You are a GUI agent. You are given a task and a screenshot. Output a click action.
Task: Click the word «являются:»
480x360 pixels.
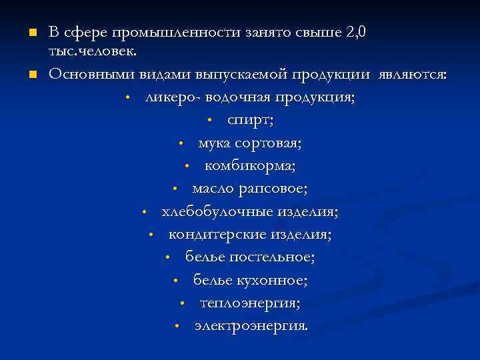tap(412, 73)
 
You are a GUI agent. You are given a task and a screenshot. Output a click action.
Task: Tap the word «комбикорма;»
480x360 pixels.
tap(250, 165)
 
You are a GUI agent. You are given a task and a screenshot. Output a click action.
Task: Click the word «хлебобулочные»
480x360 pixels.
tap(213, 211)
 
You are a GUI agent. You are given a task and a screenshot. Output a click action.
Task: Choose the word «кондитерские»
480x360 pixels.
tap(217, 235)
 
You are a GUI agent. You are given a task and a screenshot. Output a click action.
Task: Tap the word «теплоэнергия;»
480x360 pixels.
tap(250, 303)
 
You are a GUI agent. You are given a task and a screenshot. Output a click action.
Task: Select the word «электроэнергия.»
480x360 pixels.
tap(251, 327)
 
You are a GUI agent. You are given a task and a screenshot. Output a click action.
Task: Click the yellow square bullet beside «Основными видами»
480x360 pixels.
tap(31, 73)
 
